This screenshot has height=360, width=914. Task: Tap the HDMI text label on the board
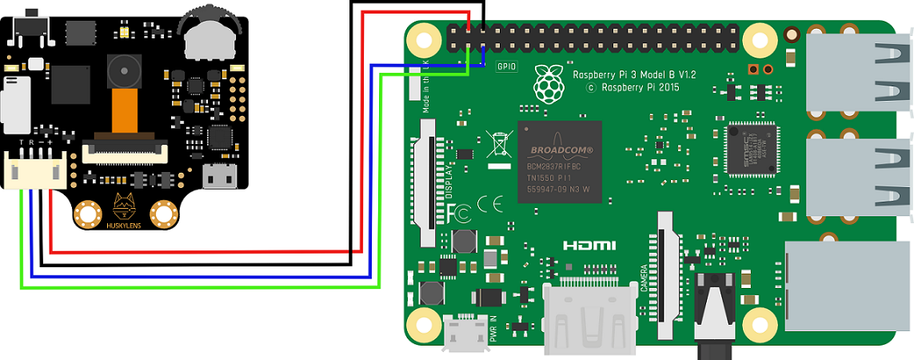click(x=589, y=245)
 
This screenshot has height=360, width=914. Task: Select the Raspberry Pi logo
click(x=549, y=82)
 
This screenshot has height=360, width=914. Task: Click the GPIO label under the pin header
click(x=507, y=68)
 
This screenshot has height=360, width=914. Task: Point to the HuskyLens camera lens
click(x=122, y=72)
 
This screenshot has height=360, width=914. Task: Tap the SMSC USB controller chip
click(x=752, y=149)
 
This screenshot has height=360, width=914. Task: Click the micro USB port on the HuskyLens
click(x=219, y=175)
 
